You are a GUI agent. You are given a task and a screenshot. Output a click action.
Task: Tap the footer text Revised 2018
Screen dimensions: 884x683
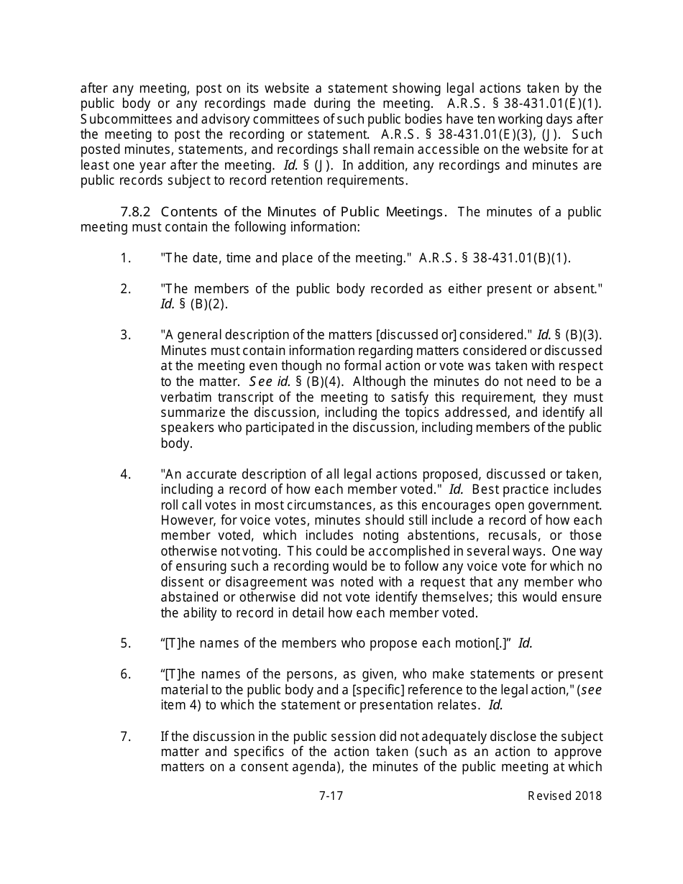[564, 796]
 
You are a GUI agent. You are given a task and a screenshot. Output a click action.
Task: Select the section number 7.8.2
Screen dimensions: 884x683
[136, 211]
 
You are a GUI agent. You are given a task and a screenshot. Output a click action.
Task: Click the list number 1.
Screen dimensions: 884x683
[126, 258]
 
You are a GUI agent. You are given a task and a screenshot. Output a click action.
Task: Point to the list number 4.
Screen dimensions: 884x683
[126, 474]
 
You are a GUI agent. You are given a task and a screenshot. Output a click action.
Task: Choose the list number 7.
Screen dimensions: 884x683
[126, 736]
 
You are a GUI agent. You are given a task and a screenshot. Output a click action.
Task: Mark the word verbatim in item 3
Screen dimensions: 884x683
[184, 397]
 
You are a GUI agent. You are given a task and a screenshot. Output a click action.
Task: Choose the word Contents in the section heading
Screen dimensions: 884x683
[186, 211]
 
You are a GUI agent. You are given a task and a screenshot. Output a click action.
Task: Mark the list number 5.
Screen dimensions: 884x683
[126, 643]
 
